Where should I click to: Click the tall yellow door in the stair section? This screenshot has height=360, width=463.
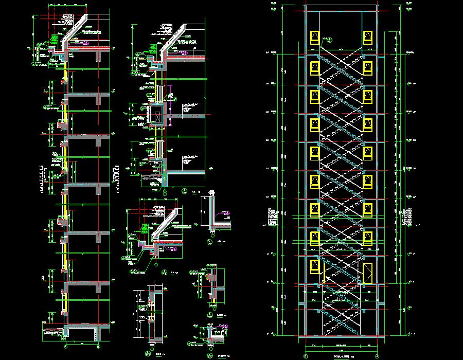(x=367, y=273)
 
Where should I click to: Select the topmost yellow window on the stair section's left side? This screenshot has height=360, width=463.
(x=313, y=38)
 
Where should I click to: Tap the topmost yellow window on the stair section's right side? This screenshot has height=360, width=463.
(x=368, y=38)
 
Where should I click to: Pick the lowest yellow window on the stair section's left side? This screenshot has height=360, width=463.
(x=313, y=265)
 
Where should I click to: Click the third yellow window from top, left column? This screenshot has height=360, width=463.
(x=313, y=96)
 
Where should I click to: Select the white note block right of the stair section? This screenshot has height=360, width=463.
(x=409, y=216)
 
